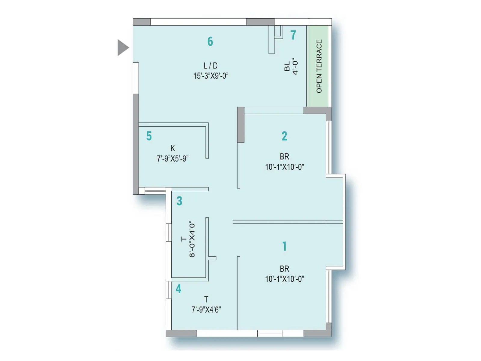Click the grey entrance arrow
tap(123, 48)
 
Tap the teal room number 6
tap(210, 42)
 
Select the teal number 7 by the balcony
tap(293, 35)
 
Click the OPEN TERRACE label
tap(319, 66)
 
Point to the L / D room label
tap(210, 66)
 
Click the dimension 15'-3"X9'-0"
tap(211, 76)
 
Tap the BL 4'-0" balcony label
tap(291, 66)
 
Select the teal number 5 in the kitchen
tap(149, 136)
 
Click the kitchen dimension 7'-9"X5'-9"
tap(173, 159)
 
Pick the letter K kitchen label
tap(173, 148)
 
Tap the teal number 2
tap(284, 136)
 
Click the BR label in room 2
tap(284, 156)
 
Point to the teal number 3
tap(179, 201)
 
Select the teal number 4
tap(179, 289)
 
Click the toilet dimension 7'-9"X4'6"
tap(206, 310)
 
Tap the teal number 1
tap(284, 246)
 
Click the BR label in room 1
tap(284, 269)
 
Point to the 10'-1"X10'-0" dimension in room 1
tap(284, 279)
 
